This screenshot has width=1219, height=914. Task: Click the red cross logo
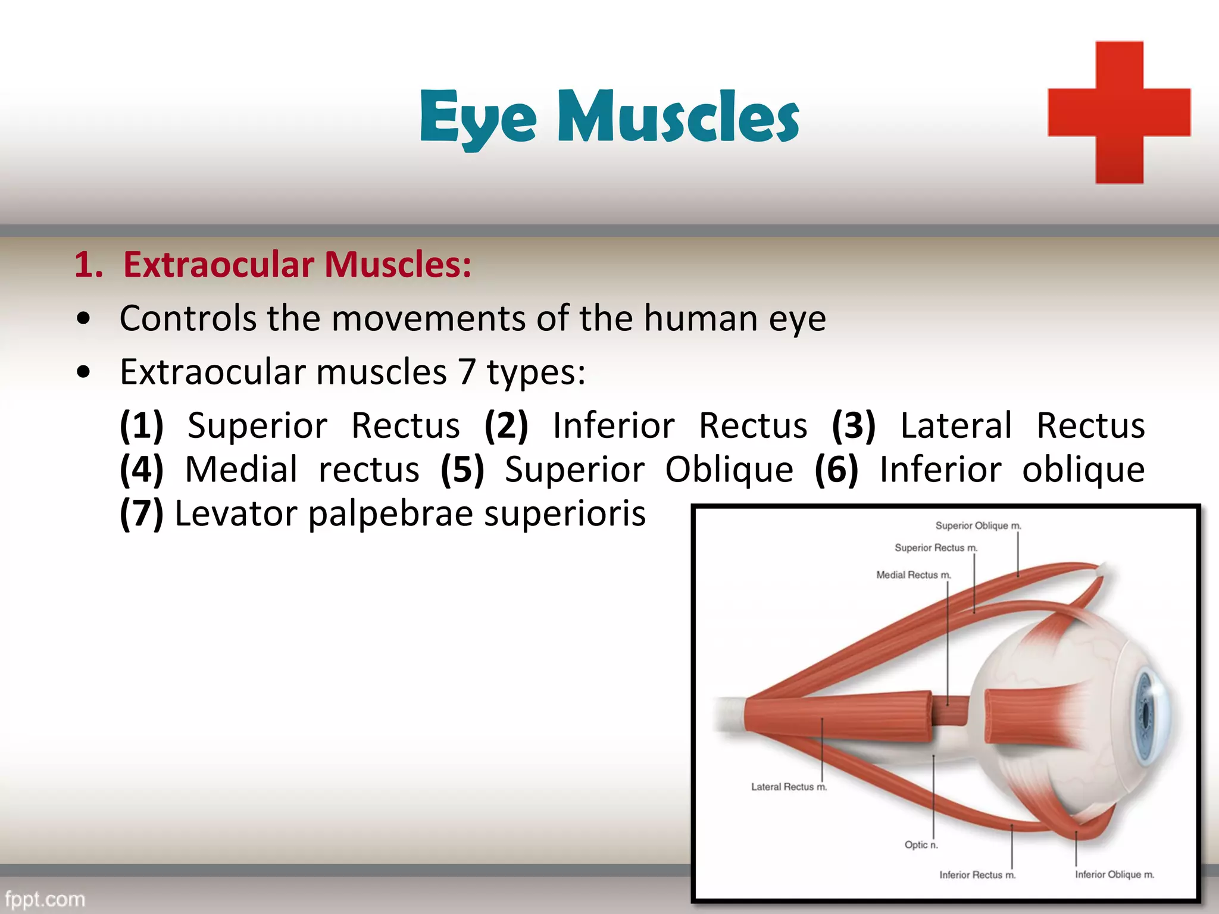[x=1119, y=112]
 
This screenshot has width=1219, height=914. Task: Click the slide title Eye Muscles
[x=609, y=117]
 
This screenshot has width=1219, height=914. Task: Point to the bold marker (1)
[x=142, y=426]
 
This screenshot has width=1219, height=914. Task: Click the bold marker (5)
[x=462, y=470]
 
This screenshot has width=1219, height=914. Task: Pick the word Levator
[x=236, y=514]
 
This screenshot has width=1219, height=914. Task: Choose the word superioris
[x=564, y=514]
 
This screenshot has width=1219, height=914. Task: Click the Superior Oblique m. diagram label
[x=978, y=525]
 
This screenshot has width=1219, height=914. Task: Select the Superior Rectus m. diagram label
[x=936, y=547]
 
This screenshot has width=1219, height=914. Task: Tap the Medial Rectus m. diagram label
[x=914, y=575]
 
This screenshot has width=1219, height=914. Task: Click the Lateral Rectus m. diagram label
[x=789, y=787]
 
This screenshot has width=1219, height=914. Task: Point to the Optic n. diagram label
[x=921, y=845]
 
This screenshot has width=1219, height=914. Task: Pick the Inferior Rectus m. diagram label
[x=977, y=875]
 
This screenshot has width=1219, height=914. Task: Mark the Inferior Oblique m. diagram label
[x=1114, y=874]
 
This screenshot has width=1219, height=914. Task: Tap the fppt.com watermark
[x=45, y=899]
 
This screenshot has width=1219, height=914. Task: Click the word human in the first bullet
[x=700, y=318]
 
